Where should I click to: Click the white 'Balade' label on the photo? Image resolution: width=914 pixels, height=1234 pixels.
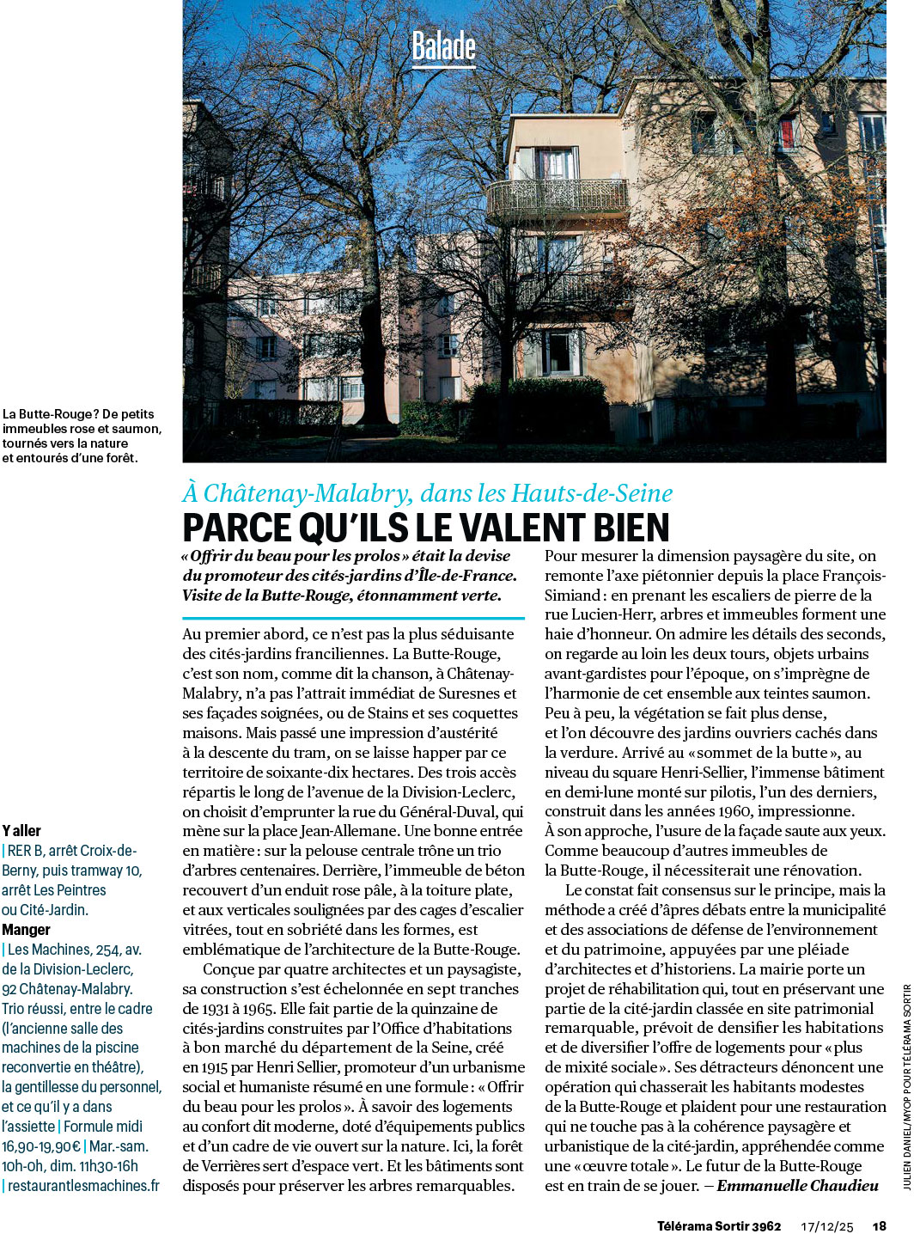[443, 46]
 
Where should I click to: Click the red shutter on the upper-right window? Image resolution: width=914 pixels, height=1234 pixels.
[786, 132]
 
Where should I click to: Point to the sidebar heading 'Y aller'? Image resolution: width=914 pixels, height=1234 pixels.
[21, 831]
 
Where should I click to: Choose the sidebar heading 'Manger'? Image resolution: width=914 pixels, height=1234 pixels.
[26, 930]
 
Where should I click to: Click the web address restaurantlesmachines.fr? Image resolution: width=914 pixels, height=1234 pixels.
[83, 1186]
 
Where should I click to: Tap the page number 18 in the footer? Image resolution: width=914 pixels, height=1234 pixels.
[879, 1226]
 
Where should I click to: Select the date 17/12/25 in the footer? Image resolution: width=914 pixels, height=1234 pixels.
[827, 1226]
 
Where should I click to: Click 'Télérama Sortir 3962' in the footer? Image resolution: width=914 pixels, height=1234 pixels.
[719, 1226]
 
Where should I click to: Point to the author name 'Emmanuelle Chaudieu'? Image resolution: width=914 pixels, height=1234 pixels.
[797, 1186]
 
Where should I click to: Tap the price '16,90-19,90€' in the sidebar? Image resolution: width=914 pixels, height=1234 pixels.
[41, 1146]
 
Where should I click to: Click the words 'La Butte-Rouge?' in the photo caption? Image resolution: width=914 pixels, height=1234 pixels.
[50, 414]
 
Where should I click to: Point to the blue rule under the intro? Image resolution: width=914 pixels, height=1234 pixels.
[353, 618]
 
